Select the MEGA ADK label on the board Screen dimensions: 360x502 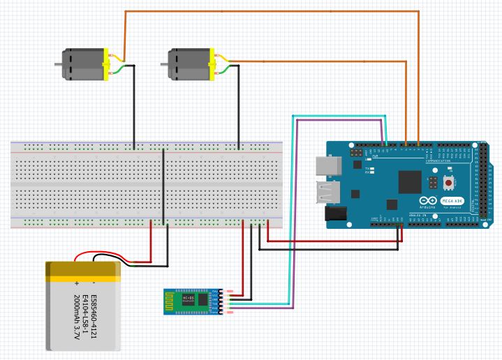click(x=450, y=202)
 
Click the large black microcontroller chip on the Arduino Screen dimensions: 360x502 click(x=409, y=182)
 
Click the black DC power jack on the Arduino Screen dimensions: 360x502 click(x=337, y=213)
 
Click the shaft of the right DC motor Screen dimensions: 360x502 click(x=164, y=65)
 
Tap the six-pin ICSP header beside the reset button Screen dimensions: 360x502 click(x=434, y=183)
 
